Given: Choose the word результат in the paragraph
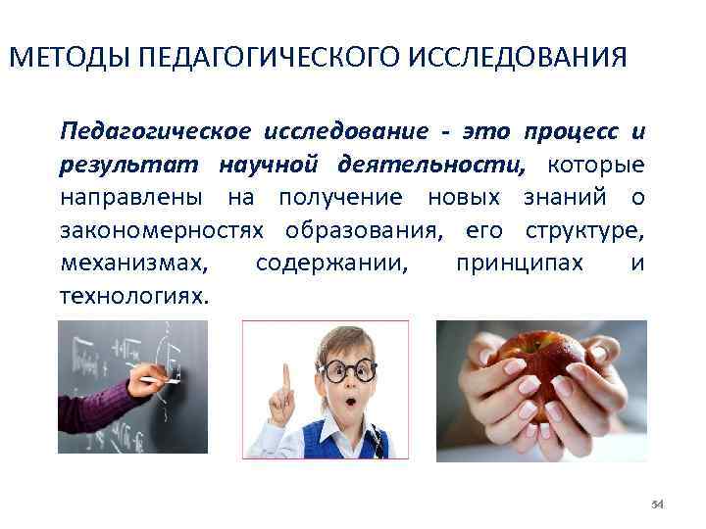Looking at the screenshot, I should (x=116, y=165).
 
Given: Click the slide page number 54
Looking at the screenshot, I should (x=658, y=504).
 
